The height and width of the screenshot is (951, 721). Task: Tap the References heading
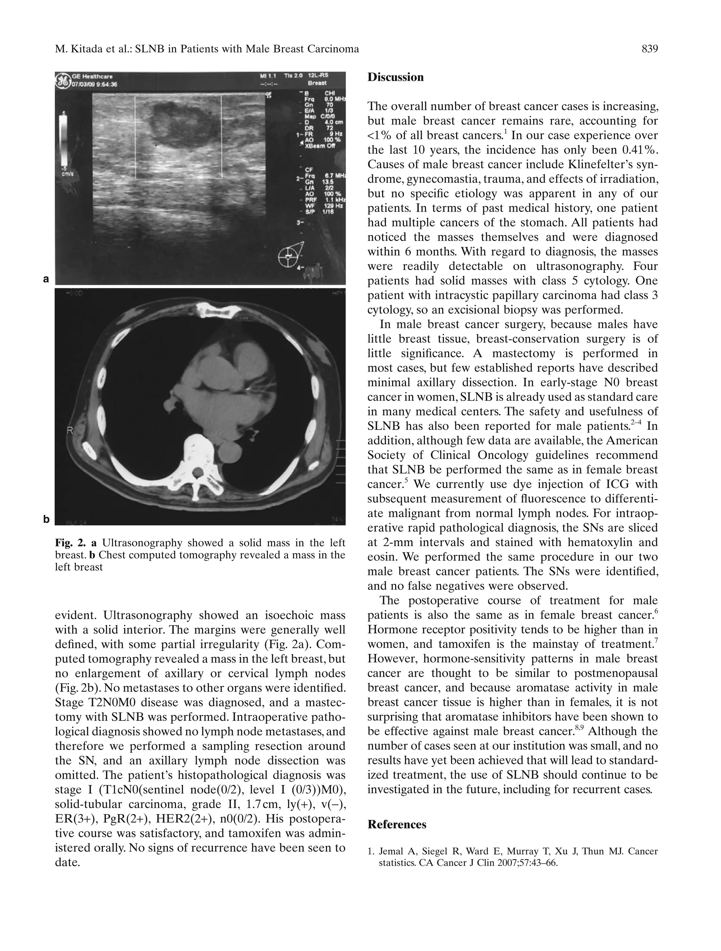[397, 824]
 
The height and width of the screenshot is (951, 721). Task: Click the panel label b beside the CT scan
[46, 519]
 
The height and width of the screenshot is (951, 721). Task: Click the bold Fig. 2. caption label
[70, 543]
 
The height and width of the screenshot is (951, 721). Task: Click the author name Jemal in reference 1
[390, 851]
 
